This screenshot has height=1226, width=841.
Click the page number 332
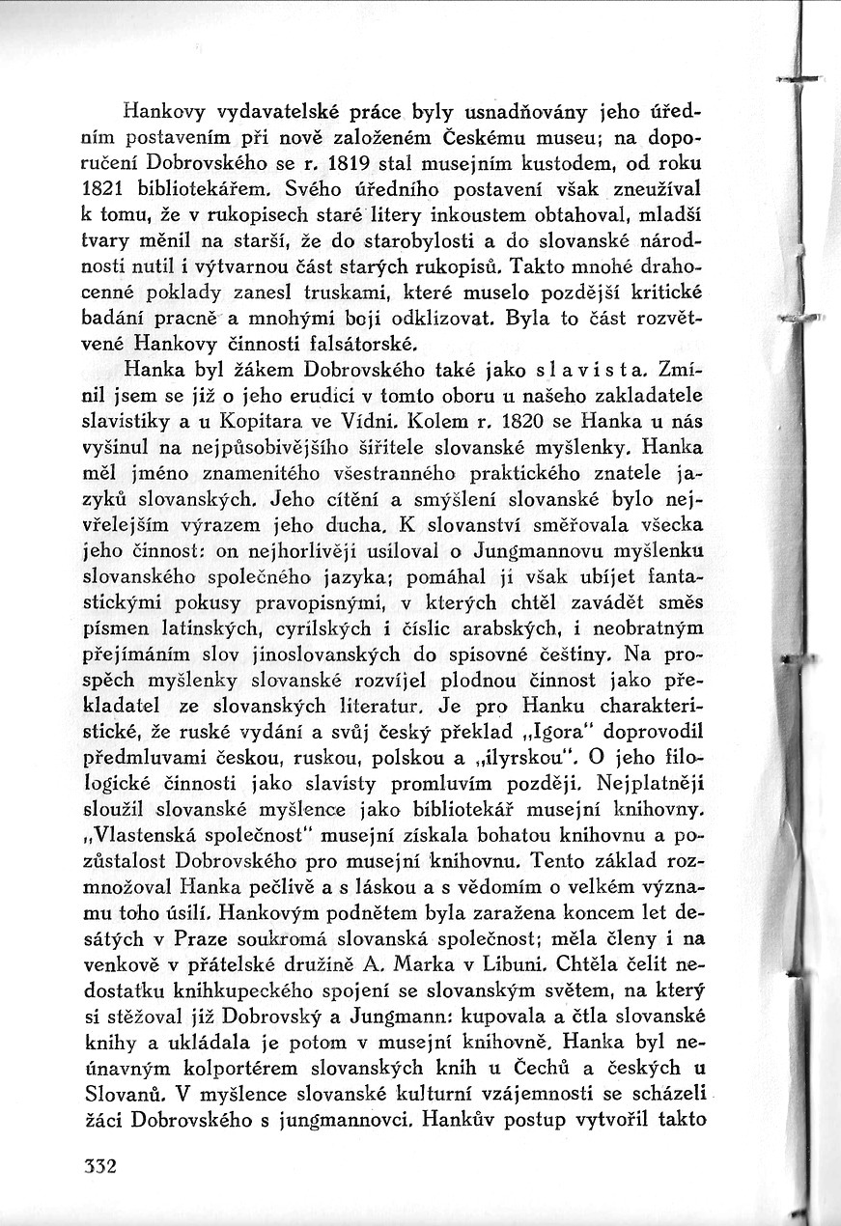[x=98, y=1165]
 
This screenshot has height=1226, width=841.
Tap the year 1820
[x=491, y=421]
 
